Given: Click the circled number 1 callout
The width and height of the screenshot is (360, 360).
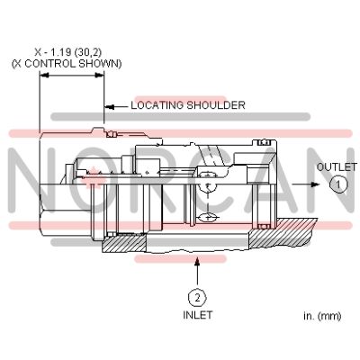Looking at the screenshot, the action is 338,184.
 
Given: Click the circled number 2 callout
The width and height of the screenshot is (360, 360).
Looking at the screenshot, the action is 197,298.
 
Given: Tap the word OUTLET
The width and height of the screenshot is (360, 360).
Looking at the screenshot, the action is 337,167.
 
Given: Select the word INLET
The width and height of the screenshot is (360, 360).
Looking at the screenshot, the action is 198,315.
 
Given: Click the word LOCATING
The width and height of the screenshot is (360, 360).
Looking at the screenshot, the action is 157,105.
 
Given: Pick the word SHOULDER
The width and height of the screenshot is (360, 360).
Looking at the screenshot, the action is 216,105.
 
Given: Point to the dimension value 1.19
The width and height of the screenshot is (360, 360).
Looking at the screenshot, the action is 59,52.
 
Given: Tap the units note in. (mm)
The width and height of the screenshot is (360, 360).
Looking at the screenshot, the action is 322,316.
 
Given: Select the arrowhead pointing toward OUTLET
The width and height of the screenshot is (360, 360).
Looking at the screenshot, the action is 315,184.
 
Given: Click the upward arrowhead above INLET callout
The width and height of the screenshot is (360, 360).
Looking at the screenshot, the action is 197,263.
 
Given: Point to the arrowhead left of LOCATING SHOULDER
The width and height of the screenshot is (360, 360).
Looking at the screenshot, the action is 109,106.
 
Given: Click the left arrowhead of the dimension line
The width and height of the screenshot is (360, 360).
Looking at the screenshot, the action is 44,76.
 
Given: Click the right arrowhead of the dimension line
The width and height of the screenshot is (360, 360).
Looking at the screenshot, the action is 99,76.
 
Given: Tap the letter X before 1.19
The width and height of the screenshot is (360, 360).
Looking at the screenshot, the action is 38,52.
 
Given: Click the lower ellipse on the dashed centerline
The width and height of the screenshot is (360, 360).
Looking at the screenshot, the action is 208,217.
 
